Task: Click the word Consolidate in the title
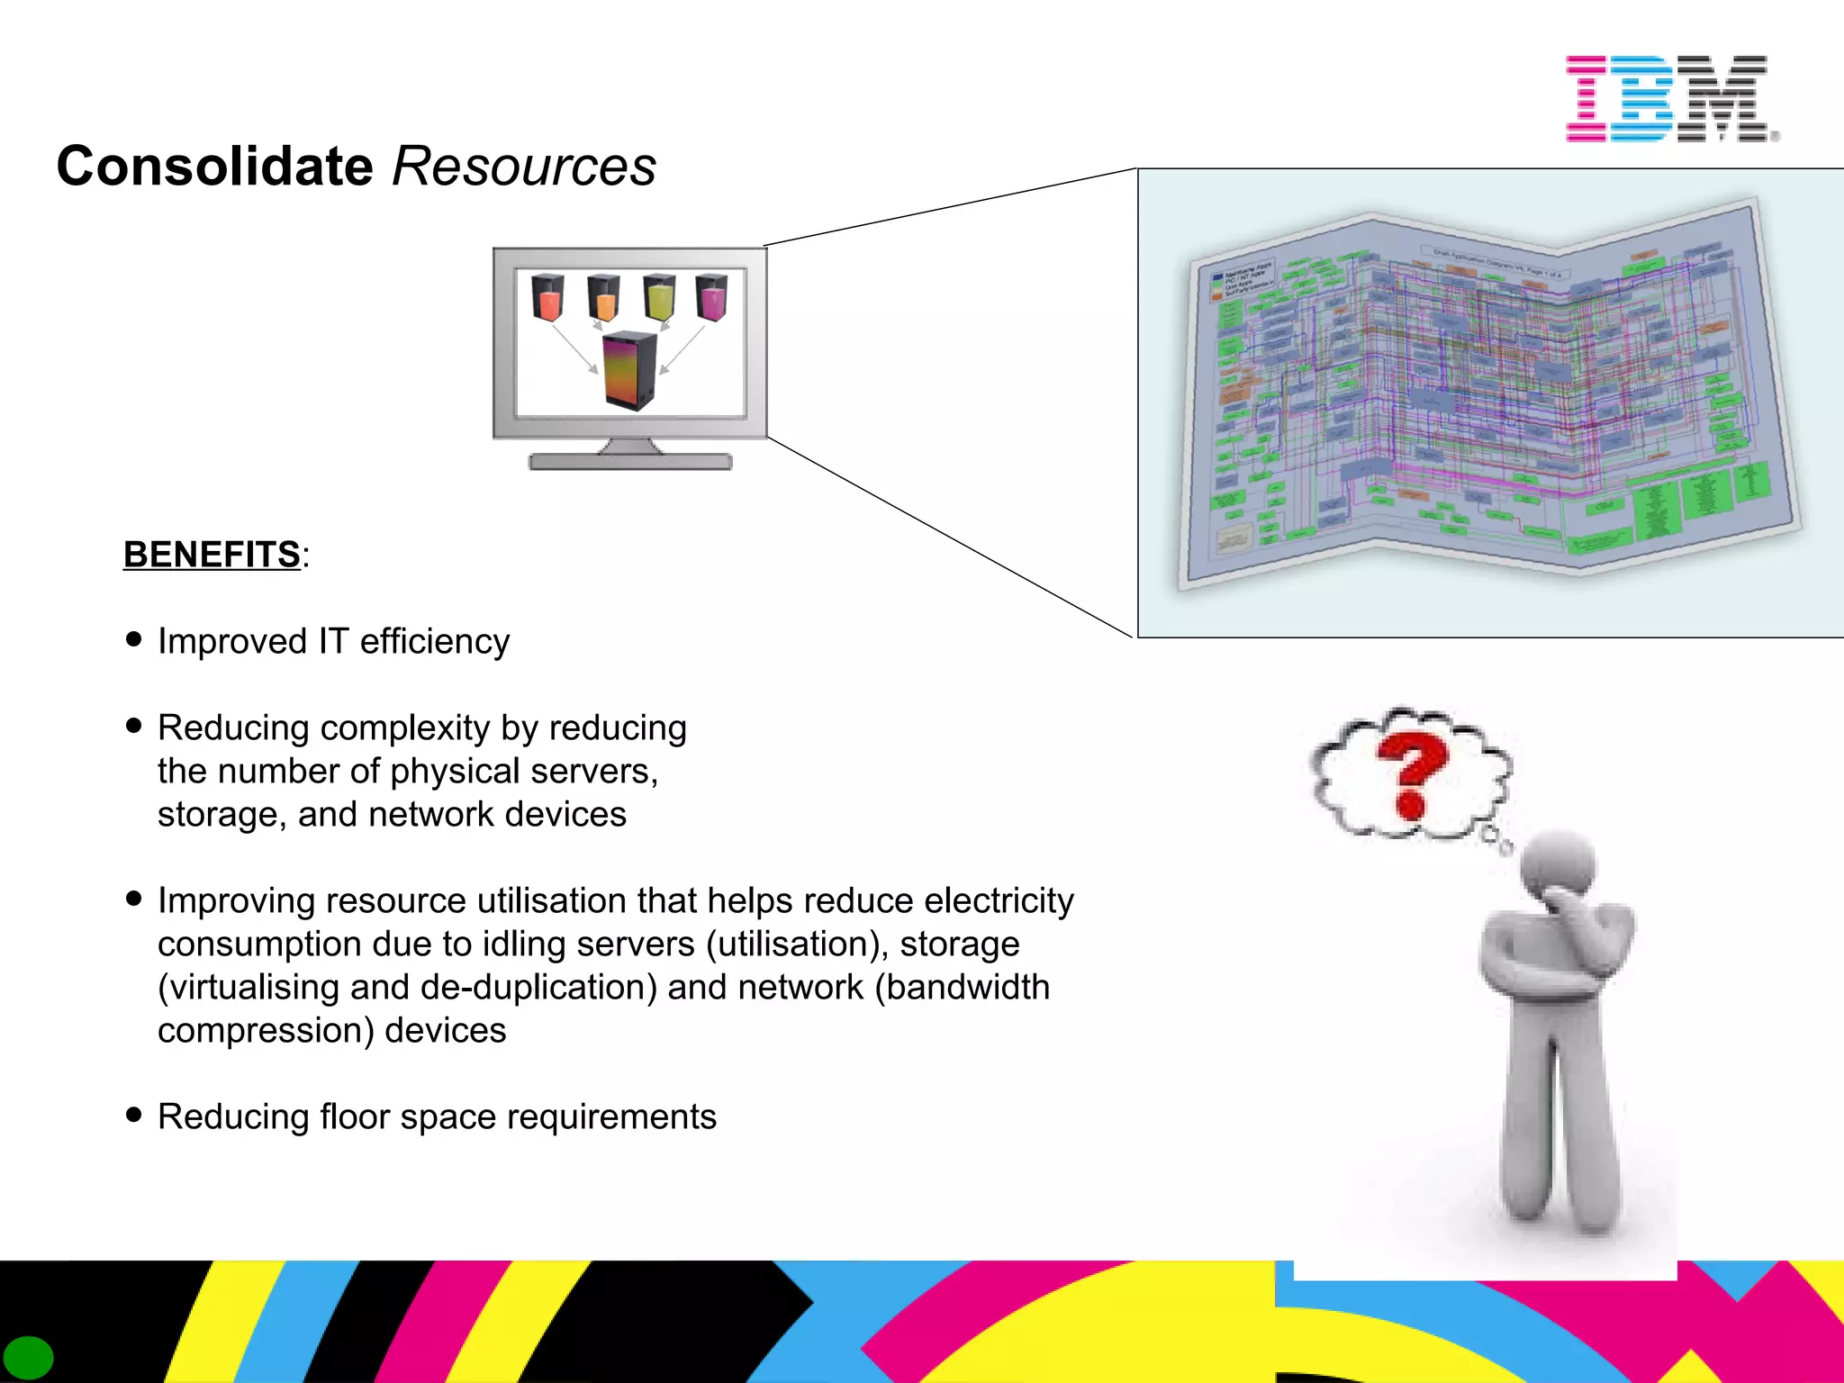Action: pos(214,167)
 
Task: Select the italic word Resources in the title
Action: pos(524,167)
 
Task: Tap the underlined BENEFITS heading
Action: pos(212,555)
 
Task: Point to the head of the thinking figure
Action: pos(1558,864)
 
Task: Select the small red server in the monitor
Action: pos(547,298)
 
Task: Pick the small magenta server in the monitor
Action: pos(711,298)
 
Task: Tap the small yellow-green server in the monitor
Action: pos(659,298)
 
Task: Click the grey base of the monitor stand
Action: pos(630,462)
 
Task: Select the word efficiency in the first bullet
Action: pos(435,642)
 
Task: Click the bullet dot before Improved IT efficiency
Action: pos(134,639)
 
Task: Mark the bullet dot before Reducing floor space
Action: pos(134,1115)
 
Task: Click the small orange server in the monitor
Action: pos(603,298)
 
